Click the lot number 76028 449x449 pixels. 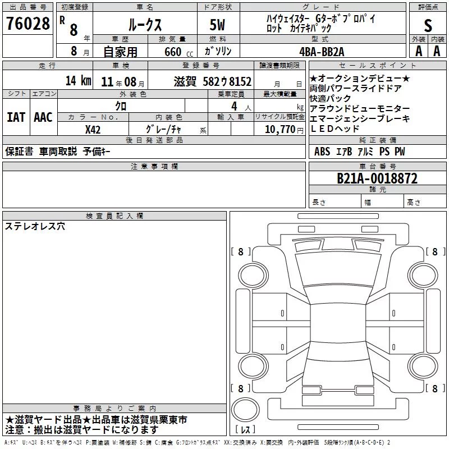point(28,24)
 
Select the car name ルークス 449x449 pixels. point(145,25)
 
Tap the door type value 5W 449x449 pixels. point(217,25)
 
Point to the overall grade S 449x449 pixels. point(428,25)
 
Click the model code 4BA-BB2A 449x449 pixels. point(322,52)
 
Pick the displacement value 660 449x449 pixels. point(173,52)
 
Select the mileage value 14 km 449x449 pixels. point(78,80)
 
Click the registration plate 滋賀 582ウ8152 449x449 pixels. point(213,81)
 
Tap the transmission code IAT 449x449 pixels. point(16,117)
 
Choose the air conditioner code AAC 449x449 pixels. point(43,117)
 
